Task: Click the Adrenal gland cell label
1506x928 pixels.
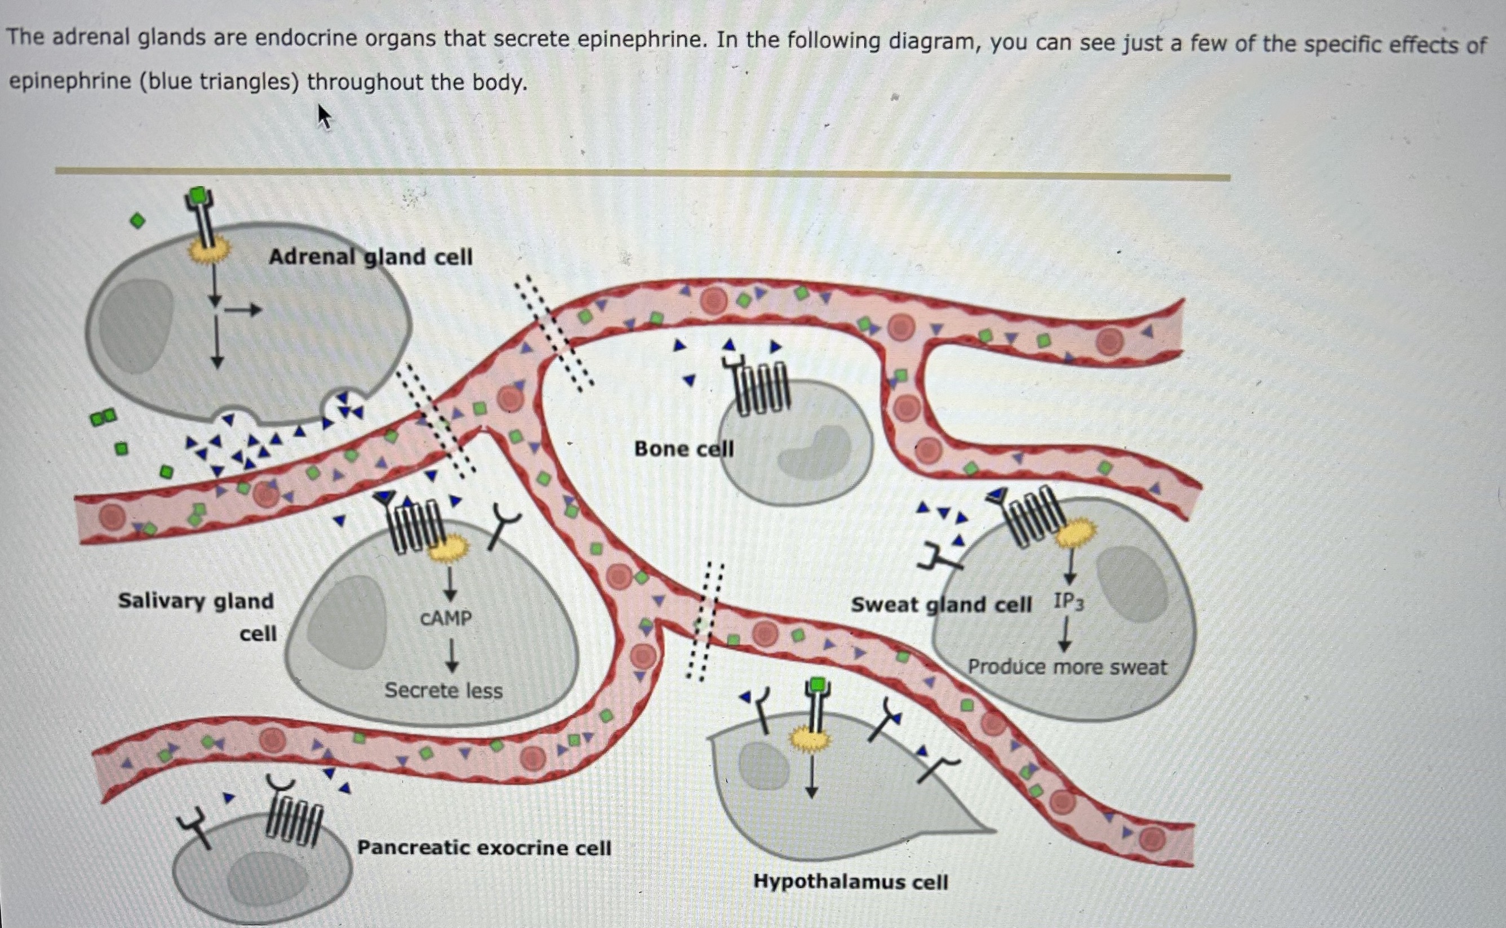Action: click(x=370, y=257)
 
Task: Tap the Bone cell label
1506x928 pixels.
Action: click(x=683, y=449)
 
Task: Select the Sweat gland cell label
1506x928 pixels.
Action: click(x=940, y=605)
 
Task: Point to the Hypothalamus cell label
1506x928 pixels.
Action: click(x=850, y=881)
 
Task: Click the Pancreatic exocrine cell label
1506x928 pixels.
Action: click(x=484, y=847)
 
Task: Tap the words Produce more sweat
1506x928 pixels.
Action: click(x=1067, y=667)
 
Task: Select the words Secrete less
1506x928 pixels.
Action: click(x=443, y=690)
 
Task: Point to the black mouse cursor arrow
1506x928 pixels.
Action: click(x=323, y=115)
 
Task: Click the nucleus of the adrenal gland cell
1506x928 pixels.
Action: click(x=136, y=325)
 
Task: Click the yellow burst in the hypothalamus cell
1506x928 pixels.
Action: click(x=810, y=739)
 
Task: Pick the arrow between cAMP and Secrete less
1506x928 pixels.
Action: click(x=452, y=655)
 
